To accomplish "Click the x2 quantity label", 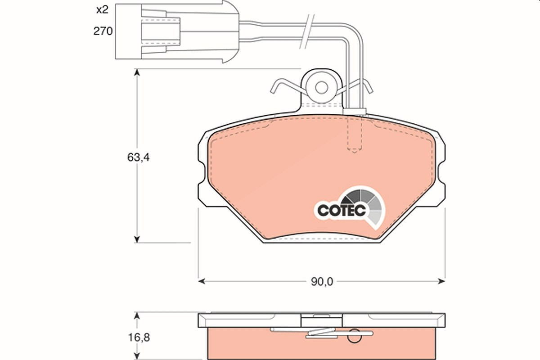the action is (103, 10).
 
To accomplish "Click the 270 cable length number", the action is (103, 31).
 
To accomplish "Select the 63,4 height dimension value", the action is (139, 157).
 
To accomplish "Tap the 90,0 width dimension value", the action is (322, 282).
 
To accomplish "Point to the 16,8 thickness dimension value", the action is (139, 337).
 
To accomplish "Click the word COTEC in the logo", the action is (342, 211).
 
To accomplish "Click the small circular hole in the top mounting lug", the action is (321, 88).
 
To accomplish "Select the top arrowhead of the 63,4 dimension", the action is (137, 72).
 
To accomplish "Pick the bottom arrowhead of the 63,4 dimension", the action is (137, 239).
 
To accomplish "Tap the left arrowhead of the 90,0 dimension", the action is (202, 281).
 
